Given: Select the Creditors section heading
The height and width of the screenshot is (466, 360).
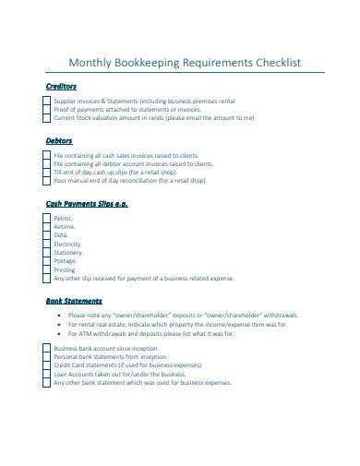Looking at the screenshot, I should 61,86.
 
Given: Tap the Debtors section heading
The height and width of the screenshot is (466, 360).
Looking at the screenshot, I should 58,140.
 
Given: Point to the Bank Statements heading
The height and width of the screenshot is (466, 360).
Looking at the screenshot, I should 74,301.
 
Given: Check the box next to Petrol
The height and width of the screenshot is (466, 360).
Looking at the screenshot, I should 45,218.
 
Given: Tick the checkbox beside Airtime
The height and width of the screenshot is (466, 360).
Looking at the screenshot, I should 45,226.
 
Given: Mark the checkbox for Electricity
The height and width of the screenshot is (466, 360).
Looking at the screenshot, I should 45,244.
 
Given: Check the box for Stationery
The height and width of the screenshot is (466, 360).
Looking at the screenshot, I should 45,252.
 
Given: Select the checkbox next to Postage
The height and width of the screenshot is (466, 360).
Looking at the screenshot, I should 45,260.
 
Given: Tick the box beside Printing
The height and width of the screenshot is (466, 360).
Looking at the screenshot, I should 45,269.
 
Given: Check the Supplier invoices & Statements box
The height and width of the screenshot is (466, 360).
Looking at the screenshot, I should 45,102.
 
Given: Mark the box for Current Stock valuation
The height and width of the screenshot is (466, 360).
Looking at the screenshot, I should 45,118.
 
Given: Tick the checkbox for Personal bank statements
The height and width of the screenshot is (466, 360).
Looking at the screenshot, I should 45,356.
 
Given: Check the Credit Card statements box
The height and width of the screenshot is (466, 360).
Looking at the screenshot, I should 45,364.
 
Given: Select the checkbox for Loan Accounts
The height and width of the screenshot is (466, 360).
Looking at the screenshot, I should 45,374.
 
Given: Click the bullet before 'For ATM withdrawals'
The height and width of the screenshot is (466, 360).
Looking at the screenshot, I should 60,333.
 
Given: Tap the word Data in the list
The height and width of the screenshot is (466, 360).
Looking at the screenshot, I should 61,235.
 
